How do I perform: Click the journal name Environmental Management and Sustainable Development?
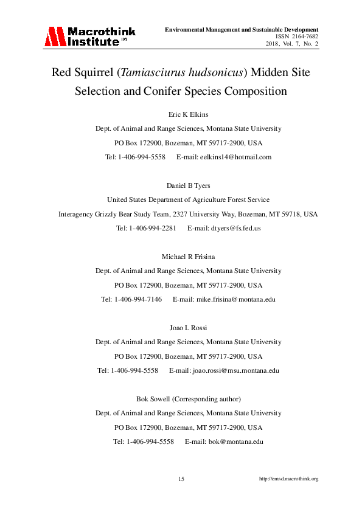[242, 29]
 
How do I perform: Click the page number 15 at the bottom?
[181, 479]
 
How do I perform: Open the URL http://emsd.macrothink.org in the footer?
[288, 479]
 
